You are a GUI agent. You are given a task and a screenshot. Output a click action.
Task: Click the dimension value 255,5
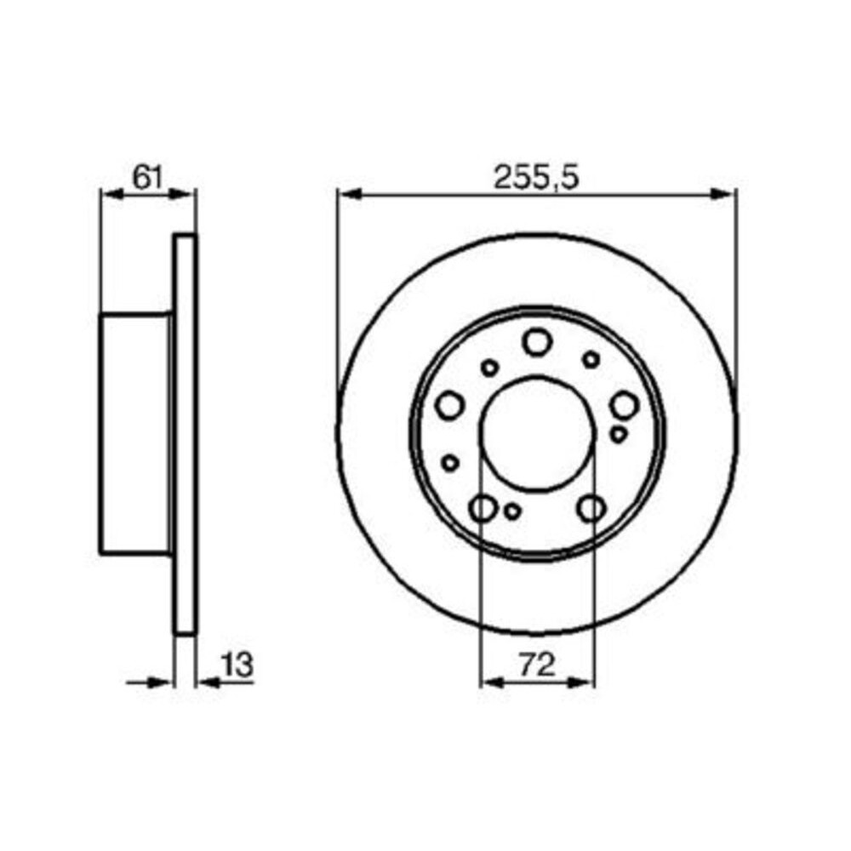click(x=536, y=178)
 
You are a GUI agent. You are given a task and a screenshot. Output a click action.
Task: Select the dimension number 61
click(x=148, y=177)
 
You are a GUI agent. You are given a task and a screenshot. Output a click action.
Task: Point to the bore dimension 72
click(x=537, y=665)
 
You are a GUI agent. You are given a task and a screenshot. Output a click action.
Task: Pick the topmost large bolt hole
click(x=537, y=342)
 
